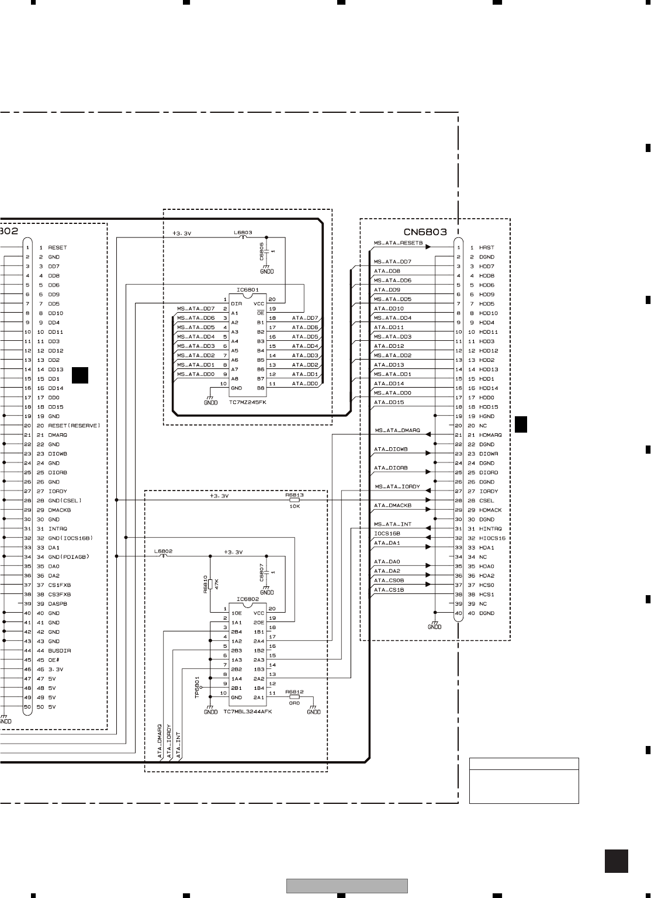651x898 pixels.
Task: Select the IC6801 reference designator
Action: click(247, 289)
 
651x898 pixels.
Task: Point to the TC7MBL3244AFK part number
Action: click(248, 712)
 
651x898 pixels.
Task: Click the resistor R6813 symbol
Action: click(295, 500)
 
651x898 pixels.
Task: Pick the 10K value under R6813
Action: click(295, 506)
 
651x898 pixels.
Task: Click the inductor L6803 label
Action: click(243, 233)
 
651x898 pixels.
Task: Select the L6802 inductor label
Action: click(163, 551)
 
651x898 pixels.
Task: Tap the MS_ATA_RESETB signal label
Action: click(398, 243)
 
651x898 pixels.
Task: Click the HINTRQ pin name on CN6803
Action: click(490, 529)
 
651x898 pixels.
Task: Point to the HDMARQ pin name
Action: click(490, 435)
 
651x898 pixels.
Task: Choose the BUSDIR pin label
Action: click(60, 651)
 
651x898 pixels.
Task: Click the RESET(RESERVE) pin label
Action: click(74, 426)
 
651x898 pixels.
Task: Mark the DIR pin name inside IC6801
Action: click(236, 304)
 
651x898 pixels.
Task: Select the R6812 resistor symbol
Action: click(295, 697)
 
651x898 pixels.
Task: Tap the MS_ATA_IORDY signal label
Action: click(397, 486)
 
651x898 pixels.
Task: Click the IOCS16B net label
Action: click(387, 534)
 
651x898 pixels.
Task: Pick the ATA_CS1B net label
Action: click(389, 590)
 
